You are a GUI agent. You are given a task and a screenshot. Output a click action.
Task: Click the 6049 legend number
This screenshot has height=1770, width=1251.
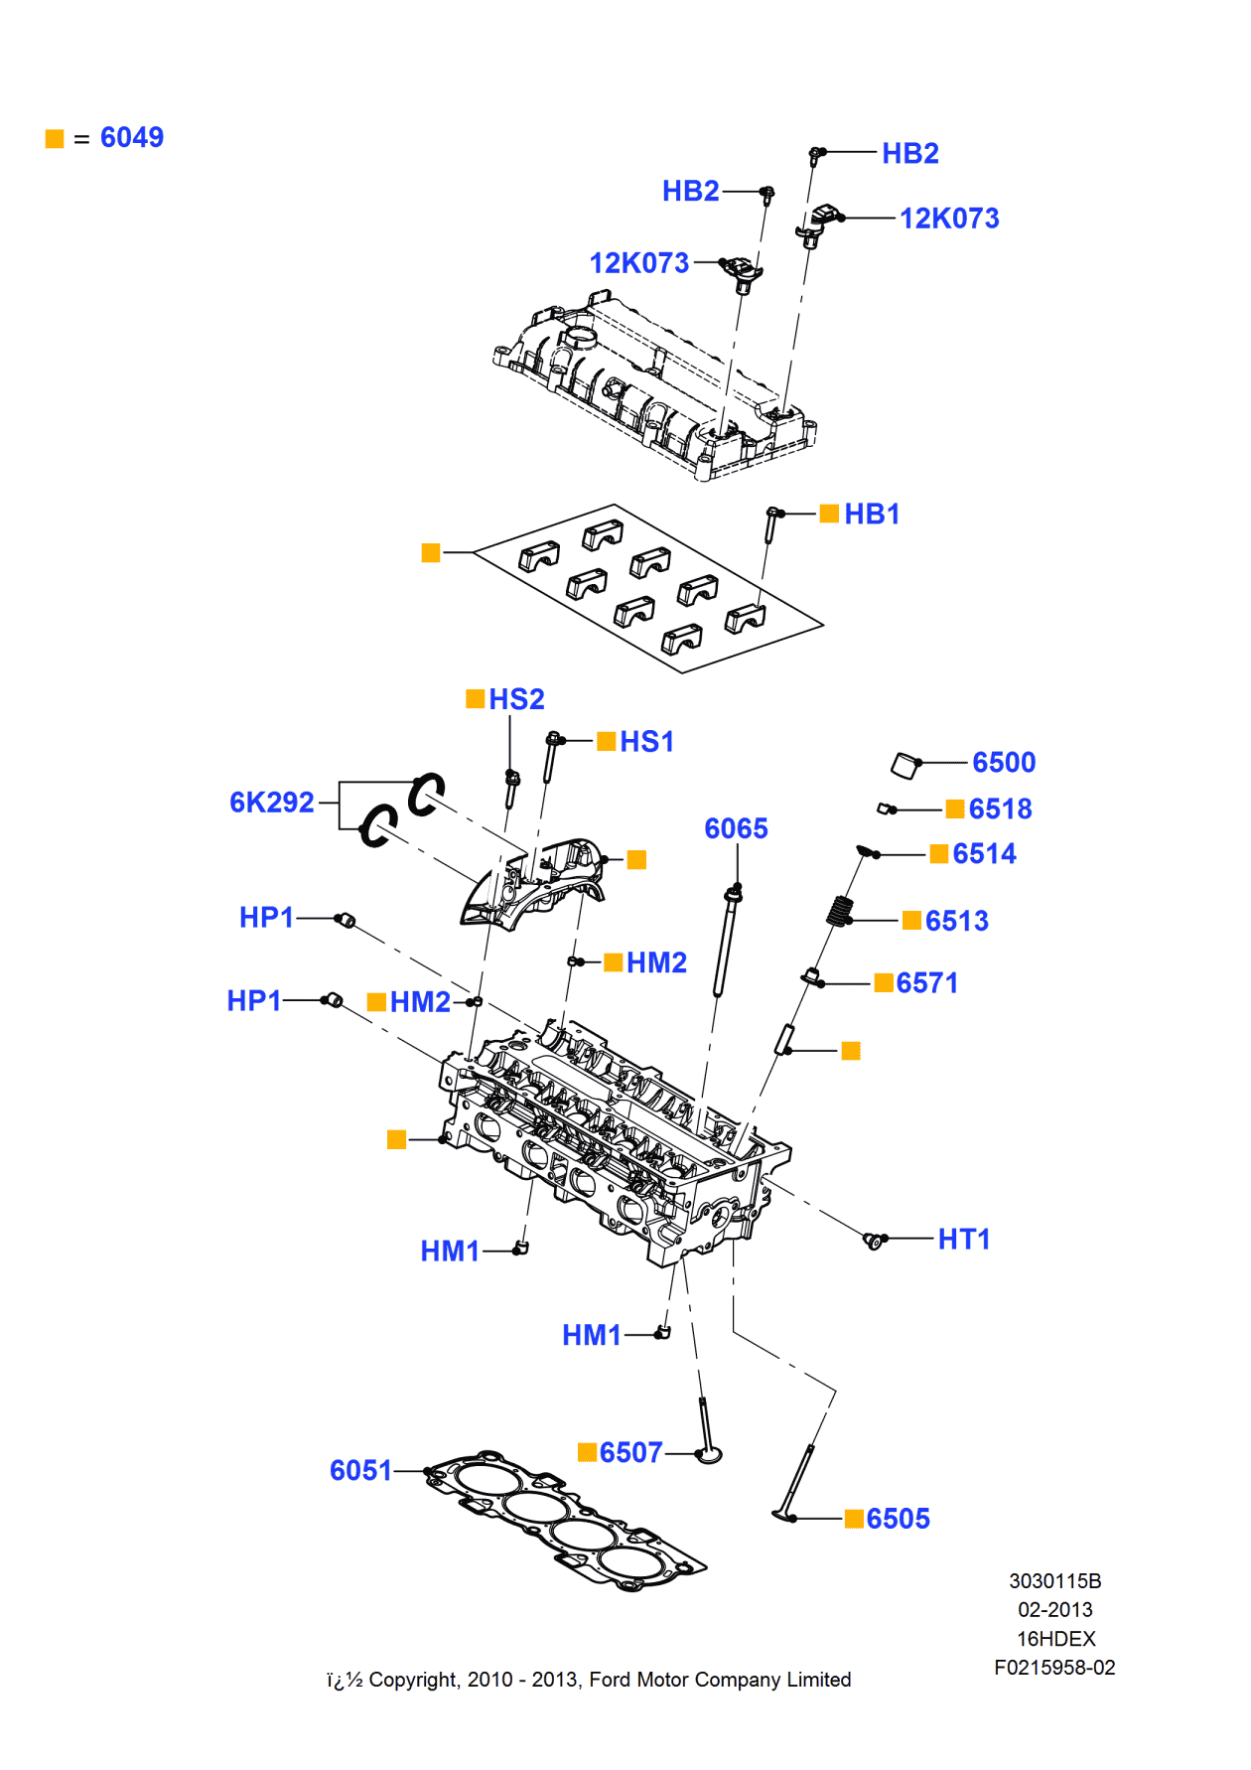point(131,138)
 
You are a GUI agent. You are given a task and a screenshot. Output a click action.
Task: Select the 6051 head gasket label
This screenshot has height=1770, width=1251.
point(360,1470)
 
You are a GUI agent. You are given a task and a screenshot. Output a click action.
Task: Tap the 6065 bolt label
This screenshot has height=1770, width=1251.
point(736,828)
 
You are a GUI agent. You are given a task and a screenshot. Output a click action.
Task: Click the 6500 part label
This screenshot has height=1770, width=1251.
point(1004,762)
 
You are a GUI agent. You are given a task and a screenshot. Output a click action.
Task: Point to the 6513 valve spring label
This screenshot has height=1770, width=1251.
point(956,921)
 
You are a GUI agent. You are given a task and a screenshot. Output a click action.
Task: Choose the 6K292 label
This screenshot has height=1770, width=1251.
point(271,802)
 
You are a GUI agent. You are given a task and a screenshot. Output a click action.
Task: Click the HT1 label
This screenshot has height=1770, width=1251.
point(963,1239)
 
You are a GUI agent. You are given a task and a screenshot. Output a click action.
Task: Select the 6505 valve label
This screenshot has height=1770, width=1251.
point(898,1519)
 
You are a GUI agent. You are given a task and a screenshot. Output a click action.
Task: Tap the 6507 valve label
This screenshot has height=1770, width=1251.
point(630,1452)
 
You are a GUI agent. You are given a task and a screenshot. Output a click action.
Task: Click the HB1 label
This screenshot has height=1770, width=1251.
point(872,514)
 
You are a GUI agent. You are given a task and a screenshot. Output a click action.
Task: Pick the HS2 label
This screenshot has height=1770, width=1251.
point(516,699)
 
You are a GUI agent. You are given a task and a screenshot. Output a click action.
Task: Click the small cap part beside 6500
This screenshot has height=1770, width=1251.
point(905,765)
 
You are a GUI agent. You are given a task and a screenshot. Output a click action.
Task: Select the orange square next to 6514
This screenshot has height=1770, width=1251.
point(938,854)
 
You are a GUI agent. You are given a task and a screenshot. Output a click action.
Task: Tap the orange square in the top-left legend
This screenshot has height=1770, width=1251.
point(55,139)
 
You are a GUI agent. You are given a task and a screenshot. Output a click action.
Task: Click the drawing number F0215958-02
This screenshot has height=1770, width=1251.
point(1054,1668)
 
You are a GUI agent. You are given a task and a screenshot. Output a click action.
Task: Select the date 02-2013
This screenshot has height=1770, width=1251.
point(1054,1610)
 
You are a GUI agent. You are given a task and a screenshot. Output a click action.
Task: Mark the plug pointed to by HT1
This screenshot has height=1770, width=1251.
point(874,1241)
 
